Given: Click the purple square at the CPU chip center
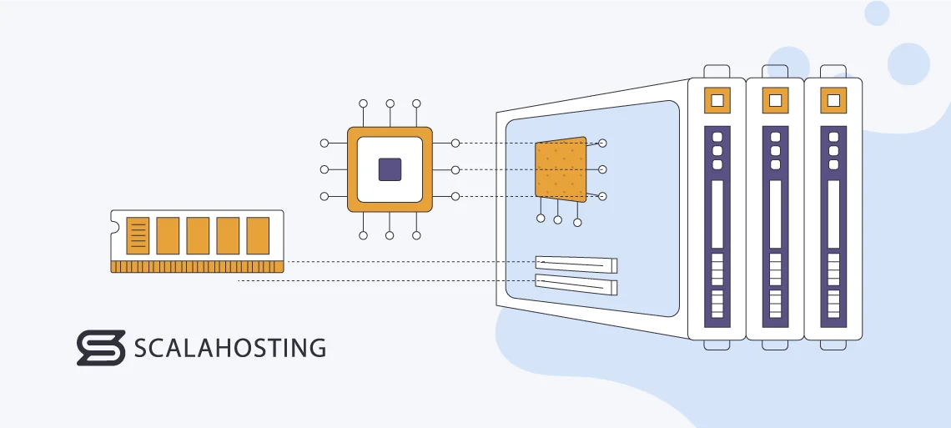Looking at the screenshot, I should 390,169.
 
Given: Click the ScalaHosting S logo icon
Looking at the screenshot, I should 101,348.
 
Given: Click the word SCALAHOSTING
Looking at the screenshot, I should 230,348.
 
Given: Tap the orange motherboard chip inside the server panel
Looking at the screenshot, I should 561,170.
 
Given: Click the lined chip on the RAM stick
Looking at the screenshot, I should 138,235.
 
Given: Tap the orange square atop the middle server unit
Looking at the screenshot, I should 775,101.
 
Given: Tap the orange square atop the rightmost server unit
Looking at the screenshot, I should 833,101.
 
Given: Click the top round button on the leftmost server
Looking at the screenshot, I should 717,135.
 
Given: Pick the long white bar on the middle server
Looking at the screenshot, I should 775,214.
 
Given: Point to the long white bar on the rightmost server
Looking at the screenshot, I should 833,214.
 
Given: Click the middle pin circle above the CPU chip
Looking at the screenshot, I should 390,103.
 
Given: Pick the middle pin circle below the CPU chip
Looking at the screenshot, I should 390,236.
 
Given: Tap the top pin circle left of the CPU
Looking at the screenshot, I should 325,144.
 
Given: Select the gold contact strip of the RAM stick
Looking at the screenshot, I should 197,266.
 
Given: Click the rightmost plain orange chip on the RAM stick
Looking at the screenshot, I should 258,235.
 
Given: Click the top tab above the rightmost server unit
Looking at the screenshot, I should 833,71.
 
